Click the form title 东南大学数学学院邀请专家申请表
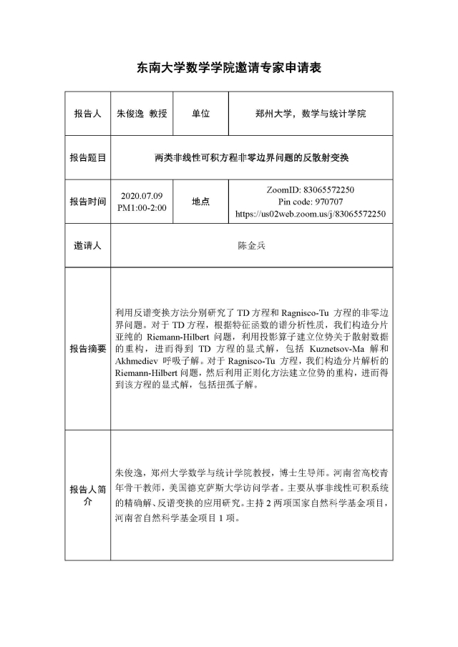(229, 68)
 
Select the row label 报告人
(87, 114)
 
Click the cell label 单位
(201, 114)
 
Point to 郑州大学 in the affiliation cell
(275, 114)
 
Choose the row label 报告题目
(87, 157)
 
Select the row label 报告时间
(87, 201)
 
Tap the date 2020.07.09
(142, 195)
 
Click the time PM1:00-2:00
(142, 207)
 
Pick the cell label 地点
(201, 201)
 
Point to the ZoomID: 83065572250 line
(310, 189)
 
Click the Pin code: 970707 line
(310, 202)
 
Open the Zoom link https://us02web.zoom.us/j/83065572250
(310, 214)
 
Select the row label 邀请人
(87, 245)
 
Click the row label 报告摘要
(87, 349)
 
